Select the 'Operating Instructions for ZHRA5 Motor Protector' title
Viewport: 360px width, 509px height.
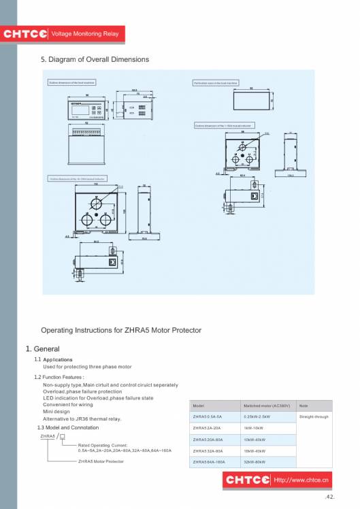121,330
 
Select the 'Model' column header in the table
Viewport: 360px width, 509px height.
199,406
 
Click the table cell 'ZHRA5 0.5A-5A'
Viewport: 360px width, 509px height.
208,416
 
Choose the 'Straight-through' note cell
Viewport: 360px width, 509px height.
314,416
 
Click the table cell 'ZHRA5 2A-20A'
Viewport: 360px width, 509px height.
208,428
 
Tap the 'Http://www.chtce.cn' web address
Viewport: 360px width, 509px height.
301,480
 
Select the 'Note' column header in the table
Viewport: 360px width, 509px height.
304,406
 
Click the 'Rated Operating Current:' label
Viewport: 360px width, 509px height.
103,445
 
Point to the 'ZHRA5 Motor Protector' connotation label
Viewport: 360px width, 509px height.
101,461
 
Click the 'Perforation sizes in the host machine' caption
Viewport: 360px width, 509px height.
214,82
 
